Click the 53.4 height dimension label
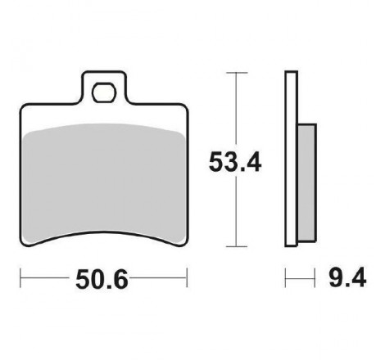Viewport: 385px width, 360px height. coord(235,162)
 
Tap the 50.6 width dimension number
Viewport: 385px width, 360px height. coord(102,279)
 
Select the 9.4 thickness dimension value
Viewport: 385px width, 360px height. coord(347,277)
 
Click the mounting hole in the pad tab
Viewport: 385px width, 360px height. coord(104,92)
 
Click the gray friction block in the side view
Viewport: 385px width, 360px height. coord(307,182)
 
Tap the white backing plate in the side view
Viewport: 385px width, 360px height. coord(291,159)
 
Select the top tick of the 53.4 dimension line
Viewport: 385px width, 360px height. coord(237,73)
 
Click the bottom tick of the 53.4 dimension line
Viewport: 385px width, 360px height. coord(237,246)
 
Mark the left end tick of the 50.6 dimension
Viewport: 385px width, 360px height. coord(20,277)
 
